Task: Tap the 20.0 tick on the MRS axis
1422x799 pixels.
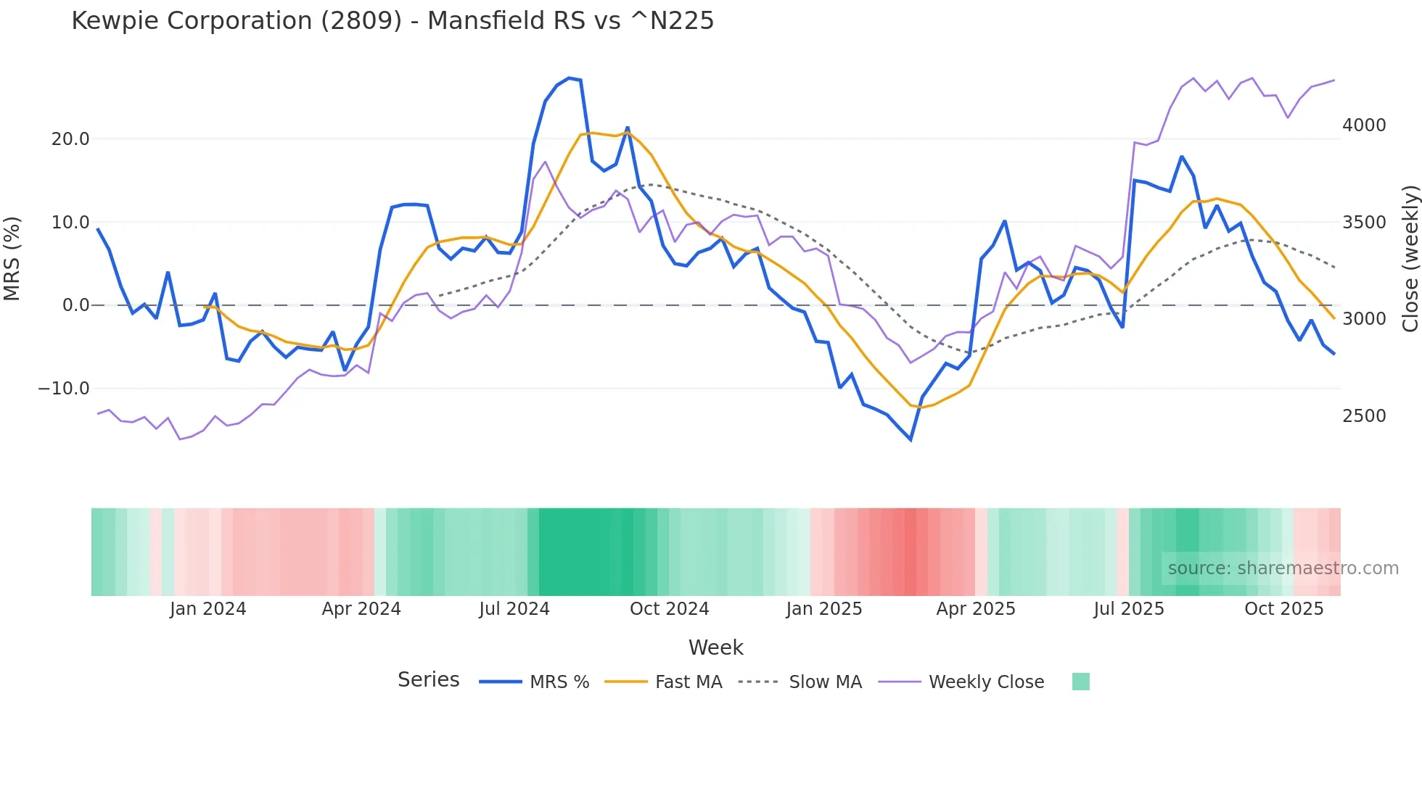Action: pyautogui.click(x=70, y=139)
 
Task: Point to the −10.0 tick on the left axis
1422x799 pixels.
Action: pyautogui.click(x=64, y=389)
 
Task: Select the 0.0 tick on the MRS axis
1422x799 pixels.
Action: pyautogui.click(x=75, y=305)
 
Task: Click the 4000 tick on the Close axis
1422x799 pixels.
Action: pyautogui.click(x=1364, y=125)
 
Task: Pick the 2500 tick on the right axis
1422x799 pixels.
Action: pyautogui.click(x=1364, y=416)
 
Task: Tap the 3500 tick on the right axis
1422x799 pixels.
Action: pyautogui.click(x=1364, y=223)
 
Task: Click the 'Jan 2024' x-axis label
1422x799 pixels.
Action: pyautogui.click(x=208, y=609)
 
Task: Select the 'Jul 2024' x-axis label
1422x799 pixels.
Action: pyautogui.click(x=514, y=609)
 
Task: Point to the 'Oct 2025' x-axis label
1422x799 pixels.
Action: pyautogui.click(x=1284, y=609)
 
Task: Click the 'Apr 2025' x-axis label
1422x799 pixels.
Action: pyautogui.click(x=976, y=609)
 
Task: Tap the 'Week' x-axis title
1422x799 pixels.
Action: pyautogui.click(x=715, y=647)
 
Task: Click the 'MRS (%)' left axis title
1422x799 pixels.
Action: pyautogui.click(x=12, y=258)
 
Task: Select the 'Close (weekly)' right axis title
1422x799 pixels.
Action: pyautogui.click(x=1410, y=258)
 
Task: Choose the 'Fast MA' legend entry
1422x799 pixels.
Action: pyautogui.click(x=688, y=682)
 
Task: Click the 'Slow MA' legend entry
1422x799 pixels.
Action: pyautogui.click(x=825, y=682)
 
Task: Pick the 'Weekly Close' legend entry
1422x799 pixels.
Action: pyautogui.click(x=986, y=682)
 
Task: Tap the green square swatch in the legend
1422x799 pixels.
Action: pyautogui.click(x=1081, y=682)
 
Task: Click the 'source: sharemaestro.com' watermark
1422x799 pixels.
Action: pyautogui.click(x=1283, y=568)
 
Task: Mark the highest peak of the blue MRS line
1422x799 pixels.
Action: pyautogui.click(x=570, y=78)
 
